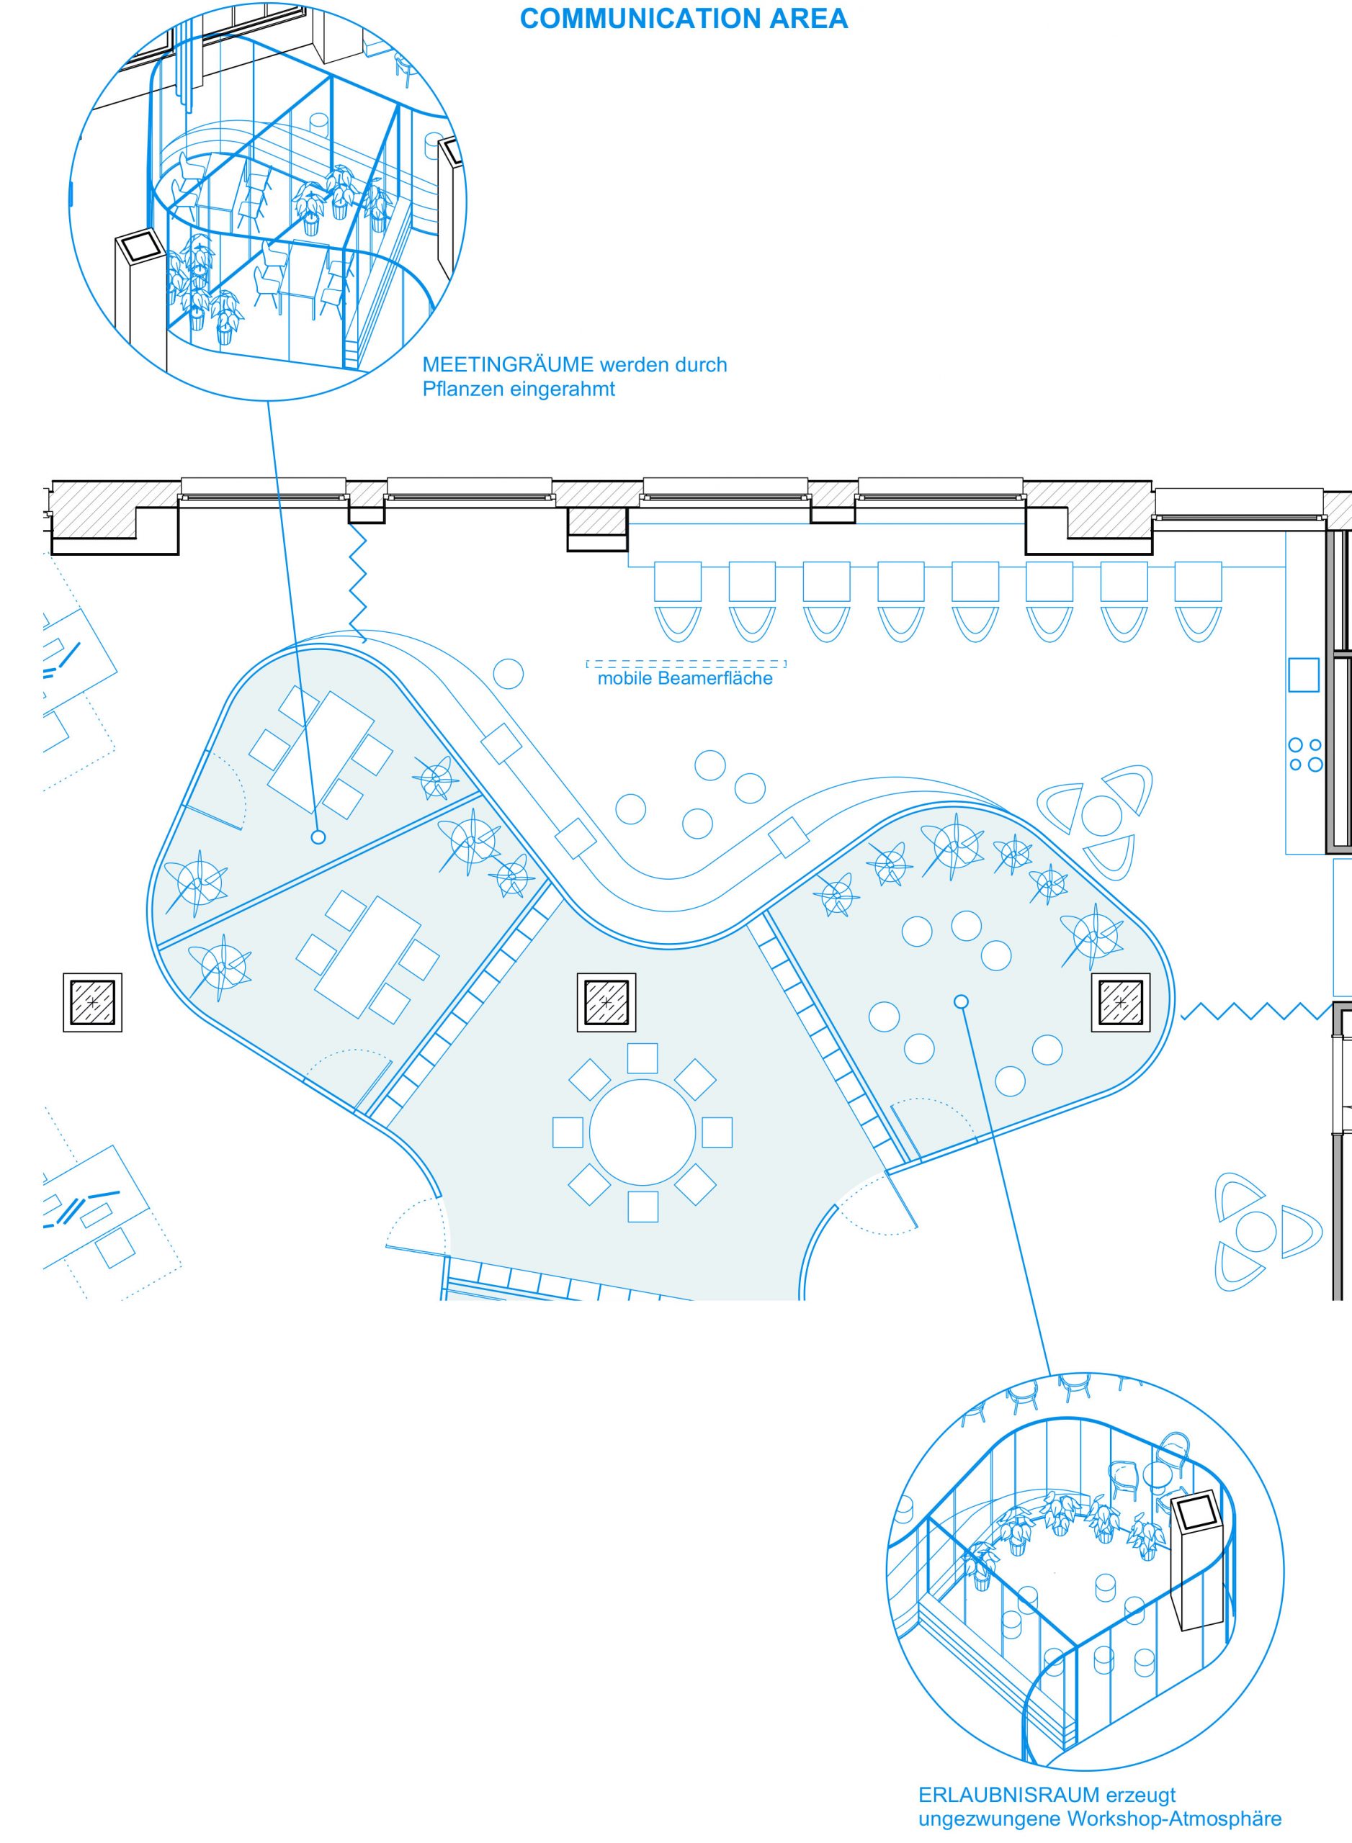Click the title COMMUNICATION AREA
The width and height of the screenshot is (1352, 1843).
(x=684, y=19)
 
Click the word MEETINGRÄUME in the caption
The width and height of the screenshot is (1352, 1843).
(x=507, y=365)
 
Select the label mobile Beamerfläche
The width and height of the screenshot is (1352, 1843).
(x=685, y=678)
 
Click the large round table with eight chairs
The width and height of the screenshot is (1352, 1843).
(x=643, y=1133)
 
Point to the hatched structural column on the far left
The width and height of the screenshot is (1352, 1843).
(x=92, y=1002)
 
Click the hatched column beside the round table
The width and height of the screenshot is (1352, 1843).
(x=606, y=1002)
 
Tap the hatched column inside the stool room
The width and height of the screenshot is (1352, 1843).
(x=1120, y=1002)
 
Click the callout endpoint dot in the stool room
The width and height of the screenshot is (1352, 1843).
(x=962, y=1001)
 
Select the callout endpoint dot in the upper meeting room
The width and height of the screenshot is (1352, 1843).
(x=318, y=837)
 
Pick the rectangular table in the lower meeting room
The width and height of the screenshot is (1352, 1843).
(x=368, y=956)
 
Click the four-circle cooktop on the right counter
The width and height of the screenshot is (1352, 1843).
(x=1305, y=755)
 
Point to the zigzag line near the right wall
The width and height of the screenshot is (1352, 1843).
(x=1256, y=1012)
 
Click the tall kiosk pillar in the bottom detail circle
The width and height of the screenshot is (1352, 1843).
(x=1201, y=1560)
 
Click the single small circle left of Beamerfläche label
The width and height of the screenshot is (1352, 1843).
(x=509, y=674)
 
